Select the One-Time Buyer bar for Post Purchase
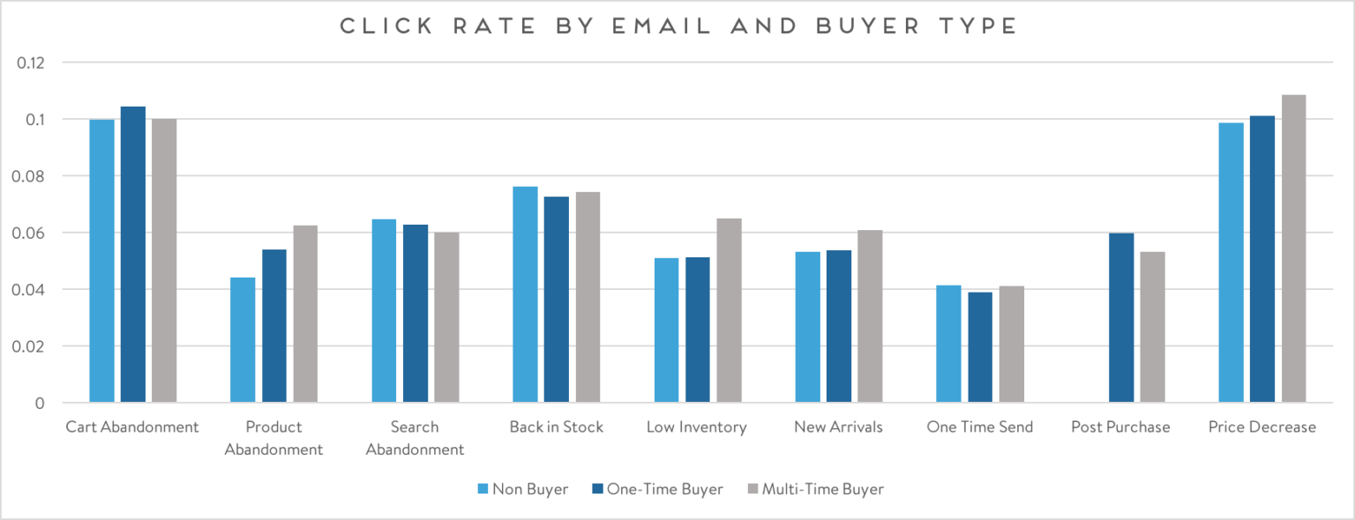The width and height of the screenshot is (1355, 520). [1121, 318]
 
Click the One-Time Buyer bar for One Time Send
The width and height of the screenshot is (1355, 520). [980, 347]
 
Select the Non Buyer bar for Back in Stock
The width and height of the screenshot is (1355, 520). [525, 294]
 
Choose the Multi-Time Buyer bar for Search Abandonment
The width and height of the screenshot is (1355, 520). [446, 317]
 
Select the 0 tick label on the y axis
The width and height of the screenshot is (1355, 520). [39, 403]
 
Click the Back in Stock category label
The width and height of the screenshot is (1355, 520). [556, 427]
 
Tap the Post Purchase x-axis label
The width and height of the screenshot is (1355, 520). [1120, 427]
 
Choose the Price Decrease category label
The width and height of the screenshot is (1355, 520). [1261, 427]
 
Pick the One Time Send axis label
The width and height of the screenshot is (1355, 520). [979, 427]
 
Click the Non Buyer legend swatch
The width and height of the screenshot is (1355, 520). [483, 488]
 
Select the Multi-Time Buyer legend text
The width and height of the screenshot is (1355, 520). [822, 488]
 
